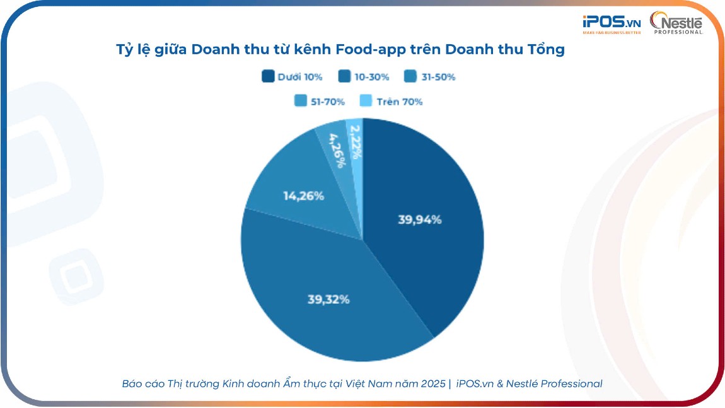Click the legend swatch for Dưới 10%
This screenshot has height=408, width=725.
tap(268, 77)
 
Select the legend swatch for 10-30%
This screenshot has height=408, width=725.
tap(345, 77)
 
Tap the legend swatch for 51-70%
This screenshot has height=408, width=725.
tap(301, 101)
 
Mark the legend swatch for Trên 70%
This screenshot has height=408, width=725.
tap(366, 101)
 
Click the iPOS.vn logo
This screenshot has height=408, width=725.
tap(611, 24)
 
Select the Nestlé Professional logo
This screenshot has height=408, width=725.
tap(676, 23)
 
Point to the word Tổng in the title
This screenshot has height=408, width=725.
tap(545, 49)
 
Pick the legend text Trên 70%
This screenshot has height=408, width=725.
tap(399, 102)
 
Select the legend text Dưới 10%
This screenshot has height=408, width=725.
tap(300, 77)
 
